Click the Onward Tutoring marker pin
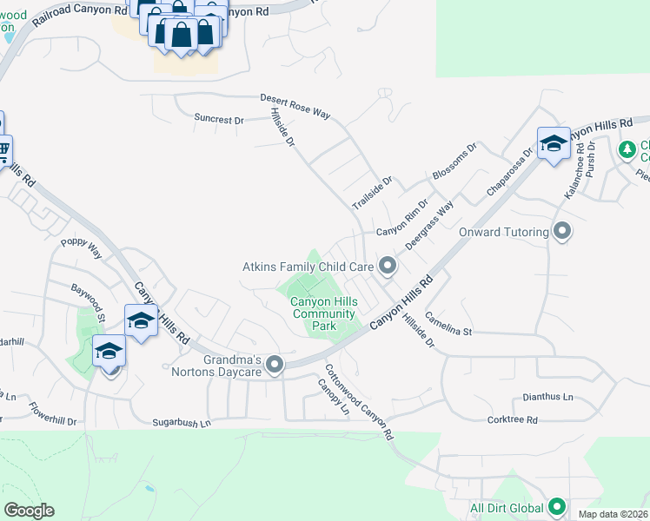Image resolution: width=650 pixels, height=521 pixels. [562, 232]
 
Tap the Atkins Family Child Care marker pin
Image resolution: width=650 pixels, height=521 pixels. [388, 267]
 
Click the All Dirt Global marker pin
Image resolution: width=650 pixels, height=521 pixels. [557, 507]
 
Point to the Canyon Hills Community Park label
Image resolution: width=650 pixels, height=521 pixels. [312, 313]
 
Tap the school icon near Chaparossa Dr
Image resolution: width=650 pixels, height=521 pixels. [553, 143]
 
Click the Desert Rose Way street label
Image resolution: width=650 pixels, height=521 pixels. [295, 101]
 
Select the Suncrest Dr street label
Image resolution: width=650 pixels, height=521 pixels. [219, 120]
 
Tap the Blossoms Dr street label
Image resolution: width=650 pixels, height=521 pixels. [454, 162]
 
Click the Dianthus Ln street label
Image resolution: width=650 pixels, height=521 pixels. [547, 397]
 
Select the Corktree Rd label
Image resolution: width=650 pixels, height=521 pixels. [513, 419]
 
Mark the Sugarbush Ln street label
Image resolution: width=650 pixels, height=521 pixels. [182, 423]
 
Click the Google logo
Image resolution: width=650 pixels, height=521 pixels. [29, 510]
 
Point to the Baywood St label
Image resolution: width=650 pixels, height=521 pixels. [89, 300]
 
